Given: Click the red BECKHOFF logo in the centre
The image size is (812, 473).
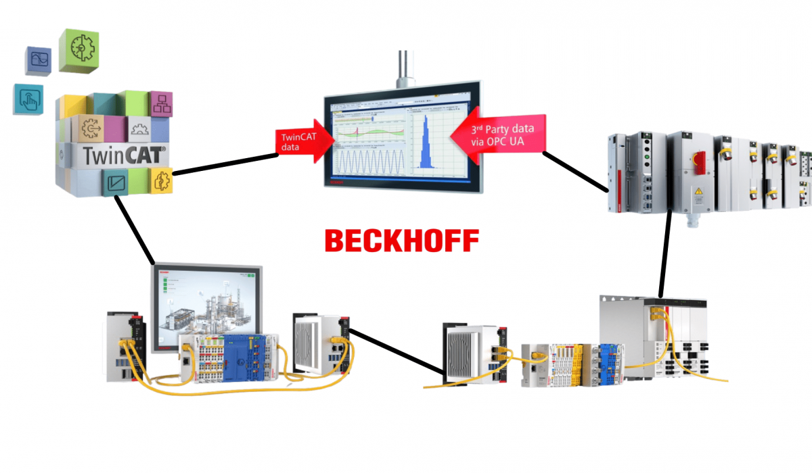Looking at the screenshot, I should [x=401, y=240].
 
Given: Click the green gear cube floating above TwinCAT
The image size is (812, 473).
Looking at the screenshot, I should [x=80, y=49].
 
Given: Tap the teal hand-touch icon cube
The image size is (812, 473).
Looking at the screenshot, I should [x=28, y=99].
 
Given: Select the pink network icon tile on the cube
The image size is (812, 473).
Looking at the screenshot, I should [x=161, y=104].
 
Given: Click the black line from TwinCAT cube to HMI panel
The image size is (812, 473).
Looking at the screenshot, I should [x=135, y=230].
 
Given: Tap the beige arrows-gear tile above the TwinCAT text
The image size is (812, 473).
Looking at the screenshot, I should [x=93, y=128].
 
